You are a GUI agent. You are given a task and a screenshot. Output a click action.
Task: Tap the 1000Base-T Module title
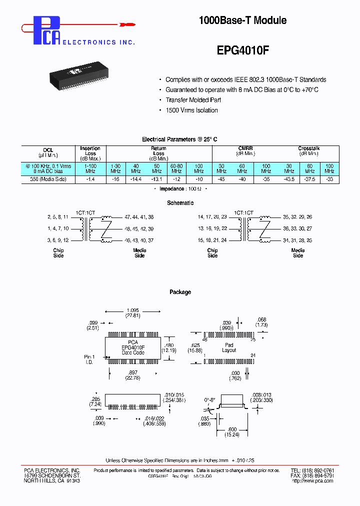point(242,20)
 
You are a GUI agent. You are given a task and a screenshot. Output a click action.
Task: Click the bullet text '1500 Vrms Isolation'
point(191,110)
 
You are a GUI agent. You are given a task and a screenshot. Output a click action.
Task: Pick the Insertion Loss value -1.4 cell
point(90,179)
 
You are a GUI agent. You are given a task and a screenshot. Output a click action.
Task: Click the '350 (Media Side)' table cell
point(48,179)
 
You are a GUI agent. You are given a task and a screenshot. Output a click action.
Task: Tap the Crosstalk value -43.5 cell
point(288,179)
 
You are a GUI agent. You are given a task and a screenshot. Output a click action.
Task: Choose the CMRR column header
point(245,148)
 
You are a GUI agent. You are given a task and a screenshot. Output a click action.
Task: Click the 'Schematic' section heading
point(180,203)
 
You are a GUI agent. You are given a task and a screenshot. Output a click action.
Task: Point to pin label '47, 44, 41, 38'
point(139,217)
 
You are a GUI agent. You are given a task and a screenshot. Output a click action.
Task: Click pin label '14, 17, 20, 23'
point(212,217)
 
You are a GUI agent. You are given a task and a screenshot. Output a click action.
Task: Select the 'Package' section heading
point(180,292)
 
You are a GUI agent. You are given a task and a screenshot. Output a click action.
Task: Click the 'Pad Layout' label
point(228,347)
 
